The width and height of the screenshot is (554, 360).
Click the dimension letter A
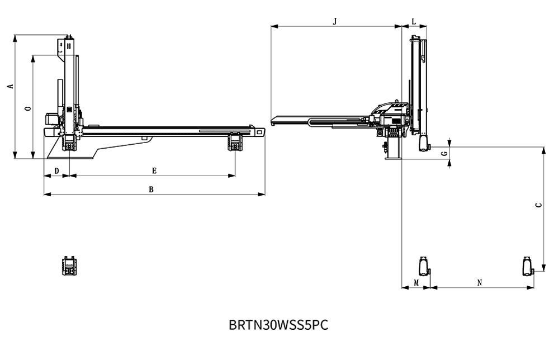click(x=11, y=86)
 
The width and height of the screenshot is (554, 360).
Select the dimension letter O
click(x=29, y=108)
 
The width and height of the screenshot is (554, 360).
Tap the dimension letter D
click(x=56, y=171)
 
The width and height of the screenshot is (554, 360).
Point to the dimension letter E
click(x=154, y=171)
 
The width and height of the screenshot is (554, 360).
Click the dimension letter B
click(x=151, y=190)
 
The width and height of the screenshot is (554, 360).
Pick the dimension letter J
click(x=335, y=22)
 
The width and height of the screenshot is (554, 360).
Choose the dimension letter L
click(x=414, y=22)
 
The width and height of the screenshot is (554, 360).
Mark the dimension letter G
click(x=445, y=153)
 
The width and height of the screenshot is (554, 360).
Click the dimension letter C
click(x=538, y=205)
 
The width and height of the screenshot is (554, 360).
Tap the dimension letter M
click(x=416, y=283)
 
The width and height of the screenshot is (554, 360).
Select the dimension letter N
click(x=480, y=283)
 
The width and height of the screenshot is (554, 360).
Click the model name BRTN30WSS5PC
click(x=278, y=325)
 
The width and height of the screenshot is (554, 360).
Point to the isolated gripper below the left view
click(x=69, y=266)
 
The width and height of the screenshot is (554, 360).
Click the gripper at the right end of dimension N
click(x=528, y=267)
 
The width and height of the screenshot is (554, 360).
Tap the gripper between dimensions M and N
click(x=424, y=267)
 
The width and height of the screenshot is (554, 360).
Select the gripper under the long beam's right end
click(x=235, y=141)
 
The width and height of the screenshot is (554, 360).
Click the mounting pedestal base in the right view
click(x=393, y=148)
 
